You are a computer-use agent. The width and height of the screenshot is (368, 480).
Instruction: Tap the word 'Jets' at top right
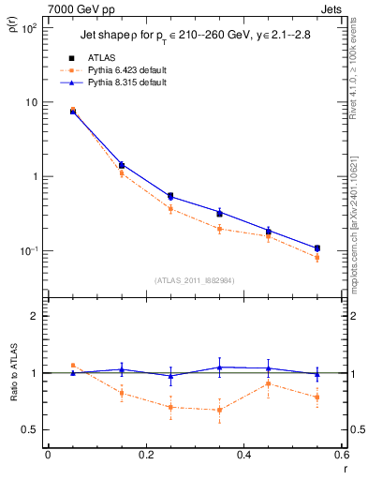point(333,7)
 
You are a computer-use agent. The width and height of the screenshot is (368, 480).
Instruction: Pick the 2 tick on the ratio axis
point(36,316)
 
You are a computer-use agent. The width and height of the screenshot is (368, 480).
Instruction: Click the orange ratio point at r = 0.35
point(219,410)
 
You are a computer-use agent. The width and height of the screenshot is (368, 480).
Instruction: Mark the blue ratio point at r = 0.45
point(269,368)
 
